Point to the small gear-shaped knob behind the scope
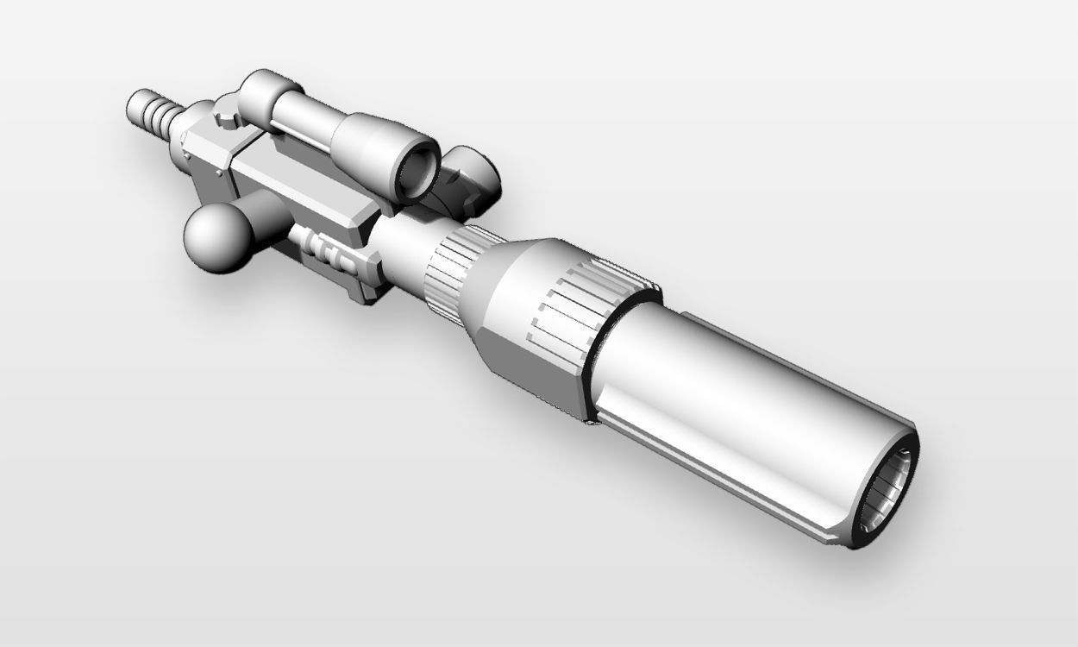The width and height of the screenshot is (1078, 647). (x=226, y=113)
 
